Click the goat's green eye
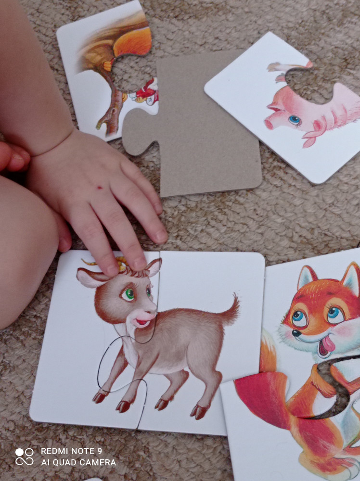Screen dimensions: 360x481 click(x=129, y=294)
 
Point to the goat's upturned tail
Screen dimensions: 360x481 click(x=231, y=309)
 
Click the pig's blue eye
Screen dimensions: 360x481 click(x=295, y=120)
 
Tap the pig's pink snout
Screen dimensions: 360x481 click(x=269, y=124)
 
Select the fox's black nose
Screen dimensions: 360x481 click(x=296, y=333)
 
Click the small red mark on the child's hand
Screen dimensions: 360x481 click(x=100, y=187)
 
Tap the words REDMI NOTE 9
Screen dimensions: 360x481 click(x=71, y=451)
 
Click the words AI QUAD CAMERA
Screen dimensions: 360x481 click(x=78, y=462)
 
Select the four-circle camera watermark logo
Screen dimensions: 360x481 click(x=25, y=457)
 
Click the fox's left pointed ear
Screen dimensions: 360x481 click(x=307, y=277)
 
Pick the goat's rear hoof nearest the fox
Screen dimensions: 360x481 click(x=199, y=411)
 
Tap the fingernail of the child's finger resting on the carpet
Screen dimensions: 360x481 click(x=161, y=236)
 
